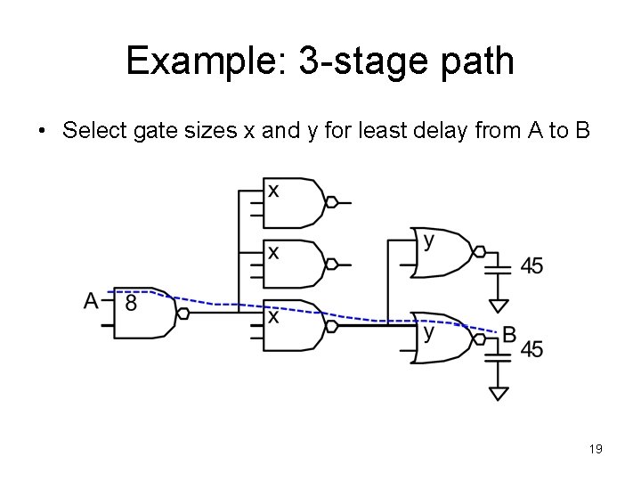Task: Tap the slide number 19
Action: pyautogui.click(x=596, y=450)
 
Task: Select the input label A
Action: pyautogui.click(x=91, y=302)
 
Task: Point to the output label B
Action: pyautogui.click(x=508, y=334)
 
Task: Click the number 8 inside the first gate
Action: pyautogui.click(x=131, y=303)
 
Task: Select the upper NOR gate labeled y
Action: pyautogui.click(x=442, y=253)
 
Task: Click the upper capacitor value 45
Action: pyautogui.click(x=531, y=265)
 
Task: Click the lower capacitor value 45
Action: pyautogui.click(x=531, y=349)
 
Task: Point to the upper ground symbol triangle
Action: pyautogui.click(x=499, y=295)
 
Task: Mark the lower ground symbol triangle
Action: pyautogui.click(x=499, y=393)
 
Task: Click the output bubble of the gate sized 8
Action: pyautogui.click(x=183, y=314)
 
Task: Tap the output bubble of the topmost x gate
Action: pyautogui.click(x=331, y=203)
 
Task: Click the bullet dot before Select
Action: pyautogui.click(x=42, y=132)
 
